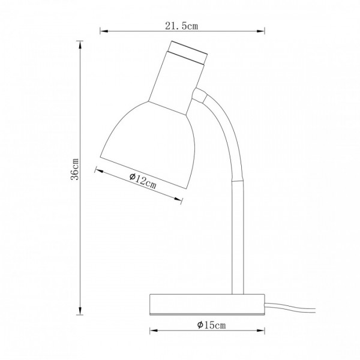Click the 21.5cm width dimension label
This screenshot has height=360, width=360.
pyautogui.click(x=181, y=26)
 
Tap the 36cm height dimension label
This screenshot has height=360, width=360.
pyautogui.click(x=75, y=169)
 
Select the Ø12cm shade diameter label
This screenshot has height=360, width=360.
pyautogui.click(x=143, y=181)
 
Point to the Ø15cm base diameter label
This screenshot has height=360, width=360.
pyautogui.click(x=211, y=325)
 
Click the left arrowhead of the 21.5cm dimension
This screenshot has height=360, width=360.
pyautogui.click(x=104, y=31)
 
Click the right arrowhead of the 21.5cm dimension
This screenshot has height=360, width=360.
pyautogui.click(x=261, y=31)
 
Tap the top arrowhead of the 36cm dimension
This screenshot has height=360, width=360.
pyautogui.click(x=80, y=44)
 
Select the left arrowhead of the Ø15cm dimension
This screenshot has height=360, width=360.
pyautogui.click(x=154, y=331)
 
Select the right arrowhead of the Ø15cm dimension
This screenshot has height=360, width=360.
pyautogui.click(x=261, y=331)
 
